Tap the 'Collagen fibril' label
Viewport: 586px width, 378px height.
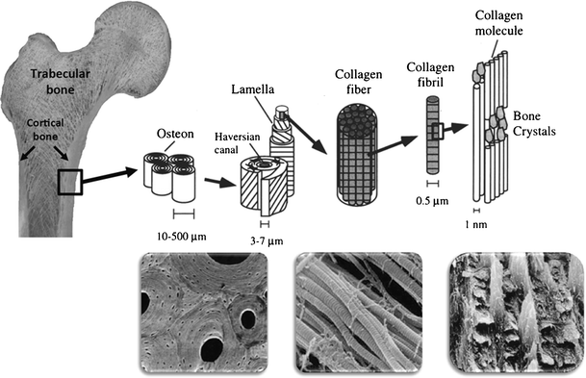click(428, 88)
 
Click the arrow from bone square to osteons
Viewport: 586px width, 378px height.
click(117, 175)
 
